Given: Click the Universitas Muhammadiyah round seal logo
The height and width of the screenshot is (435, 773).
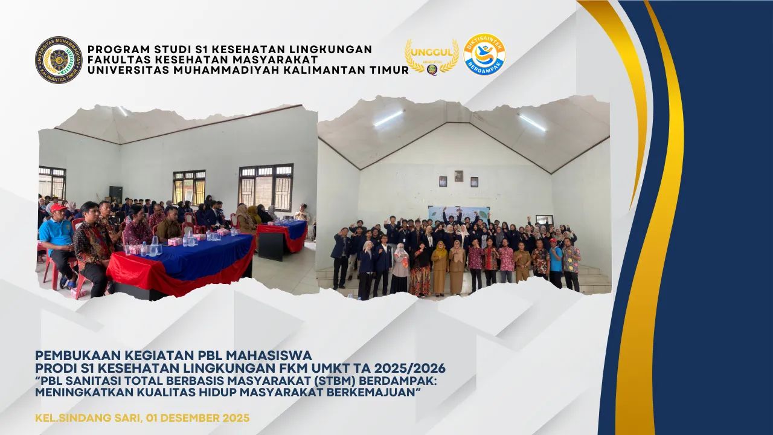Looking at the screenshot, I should point(59,60).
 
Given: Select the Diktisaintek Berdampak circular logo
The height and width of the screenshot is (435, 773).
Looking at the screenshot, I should point(484,54).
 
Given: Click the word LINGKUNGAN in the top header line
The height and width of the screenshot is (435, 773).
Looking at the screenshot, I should point(330,50).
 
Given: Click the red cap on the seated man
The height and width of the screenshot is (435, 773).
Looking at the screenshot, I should point(58,208).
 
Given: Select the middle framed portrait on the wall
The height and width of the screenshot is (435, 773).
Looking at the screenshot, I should point(459,176).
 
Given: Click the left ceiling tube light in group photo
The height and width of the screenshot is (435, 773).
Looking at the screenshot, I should point(388,118).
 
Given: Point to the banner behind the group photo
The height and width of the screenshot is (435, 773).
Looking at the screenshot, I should point(459,213).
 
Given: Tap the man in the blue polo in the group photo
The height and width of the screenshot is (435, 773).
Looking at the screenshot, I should point(556,262).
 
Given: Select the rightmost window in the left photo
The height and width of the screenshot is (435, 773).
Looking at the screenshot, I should point(266,187).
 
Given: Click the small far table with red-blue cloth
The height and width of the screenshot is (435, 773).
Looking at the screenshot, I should point(282,236).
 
